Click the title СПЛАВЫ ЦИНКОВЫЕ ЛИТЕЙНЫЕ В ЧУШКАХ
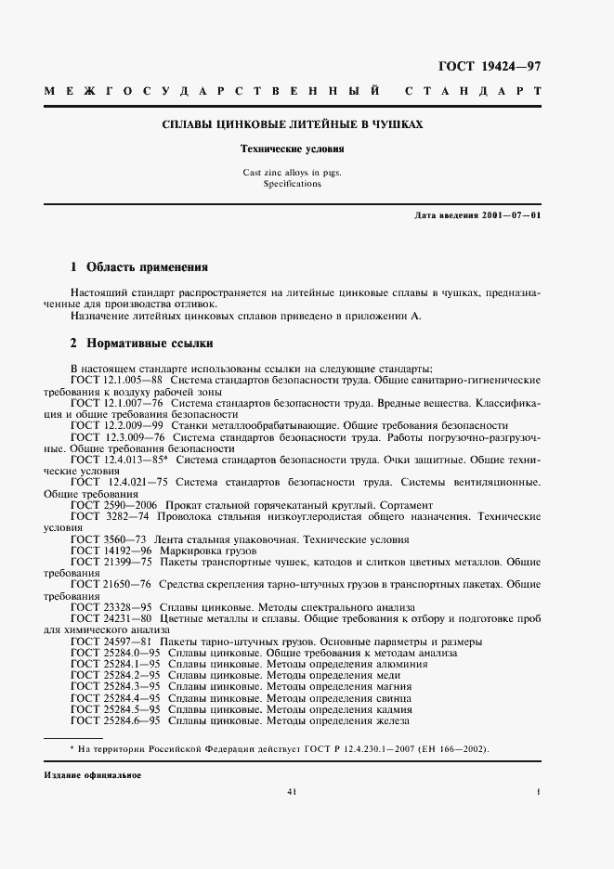point(293,123)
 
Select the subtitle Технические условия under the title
point(293,149)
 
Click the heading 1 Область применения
point(139,266)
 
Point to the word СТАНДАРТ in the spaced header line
point(473,93)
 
